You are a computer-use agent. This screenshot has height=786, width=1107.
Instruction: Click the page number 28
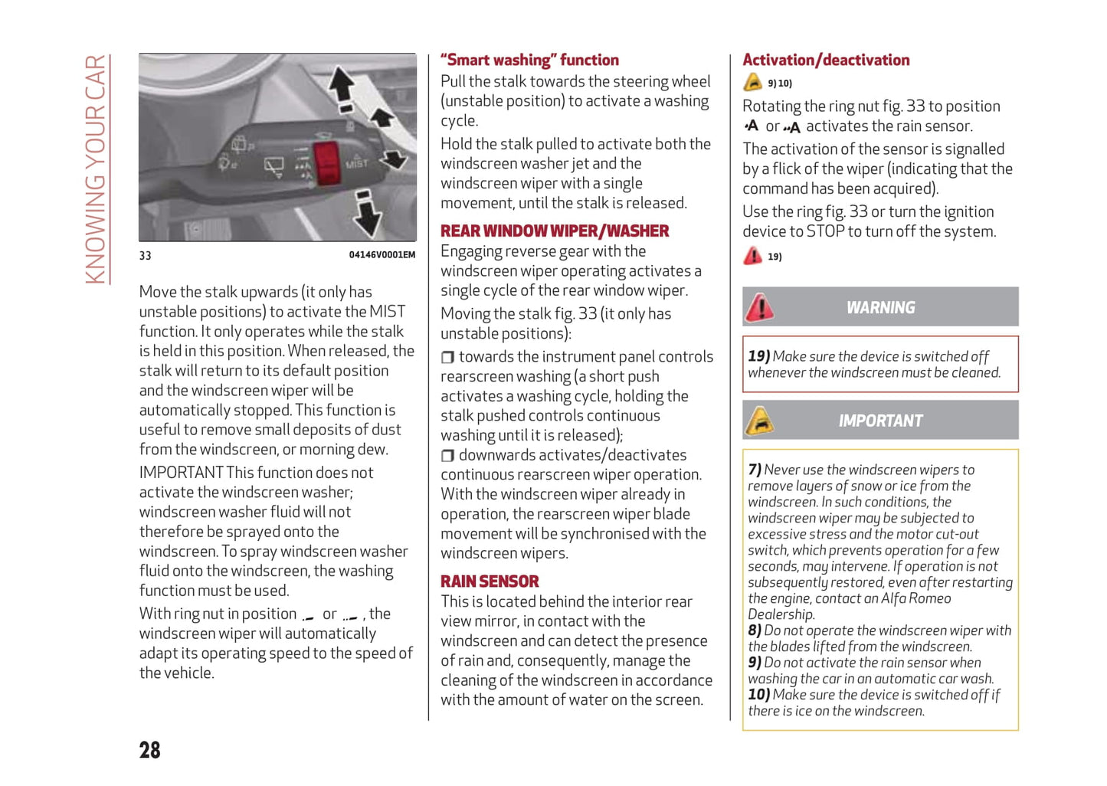point(150,750)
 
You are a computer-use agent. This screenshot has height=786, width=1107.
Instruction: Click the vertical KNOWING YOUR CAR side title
point(95,169)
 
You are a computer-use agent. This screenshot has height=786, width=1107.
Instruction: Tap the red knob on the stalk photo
point(327,163)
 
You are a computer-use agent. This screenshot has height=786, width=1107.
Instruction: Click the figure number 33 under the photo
point(146,256)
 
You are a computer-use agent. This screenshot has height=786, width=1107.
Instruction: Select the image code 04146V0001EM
point(382,255)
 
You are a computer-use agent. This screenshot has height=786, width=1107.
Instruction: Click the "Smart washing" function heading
point(529,61)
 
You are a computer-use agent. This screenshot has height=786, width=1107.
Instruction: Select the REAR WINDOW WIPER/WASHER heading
point(555,231)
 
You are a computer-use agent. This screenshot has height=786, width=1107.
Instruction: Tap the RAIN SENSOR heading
point(490,581)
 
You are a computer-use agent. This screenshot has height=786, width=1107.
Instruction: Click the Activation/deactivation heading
point(826,61)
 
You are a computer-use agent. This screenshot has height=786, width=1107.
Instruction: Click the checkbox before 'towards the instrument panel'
point(448,357)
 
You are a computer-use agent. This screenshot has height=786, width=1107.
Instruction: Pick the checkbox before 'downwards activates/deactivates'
point(448,456)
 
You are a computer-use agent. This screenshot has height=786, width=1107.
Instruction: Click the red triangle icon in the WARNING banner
point(760,308)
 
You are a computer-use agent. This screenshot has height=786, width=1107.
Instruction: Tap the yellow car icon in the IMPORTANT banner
point(760,421)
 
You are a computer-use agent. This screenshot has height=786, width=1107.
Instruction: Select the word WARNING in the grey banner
point(880,308)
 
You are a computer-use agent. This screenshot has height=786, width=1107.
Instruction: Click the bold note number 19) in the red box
point(758,356)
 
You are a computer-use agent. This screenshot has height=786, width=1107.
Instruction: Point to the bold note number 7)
point(755,470)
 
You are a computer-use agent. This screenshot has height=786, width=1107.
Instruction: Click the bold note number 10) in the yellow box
point(758,695)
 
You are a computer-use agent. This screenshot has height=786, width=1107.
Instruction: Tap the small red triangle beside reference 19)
point(753,256)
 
